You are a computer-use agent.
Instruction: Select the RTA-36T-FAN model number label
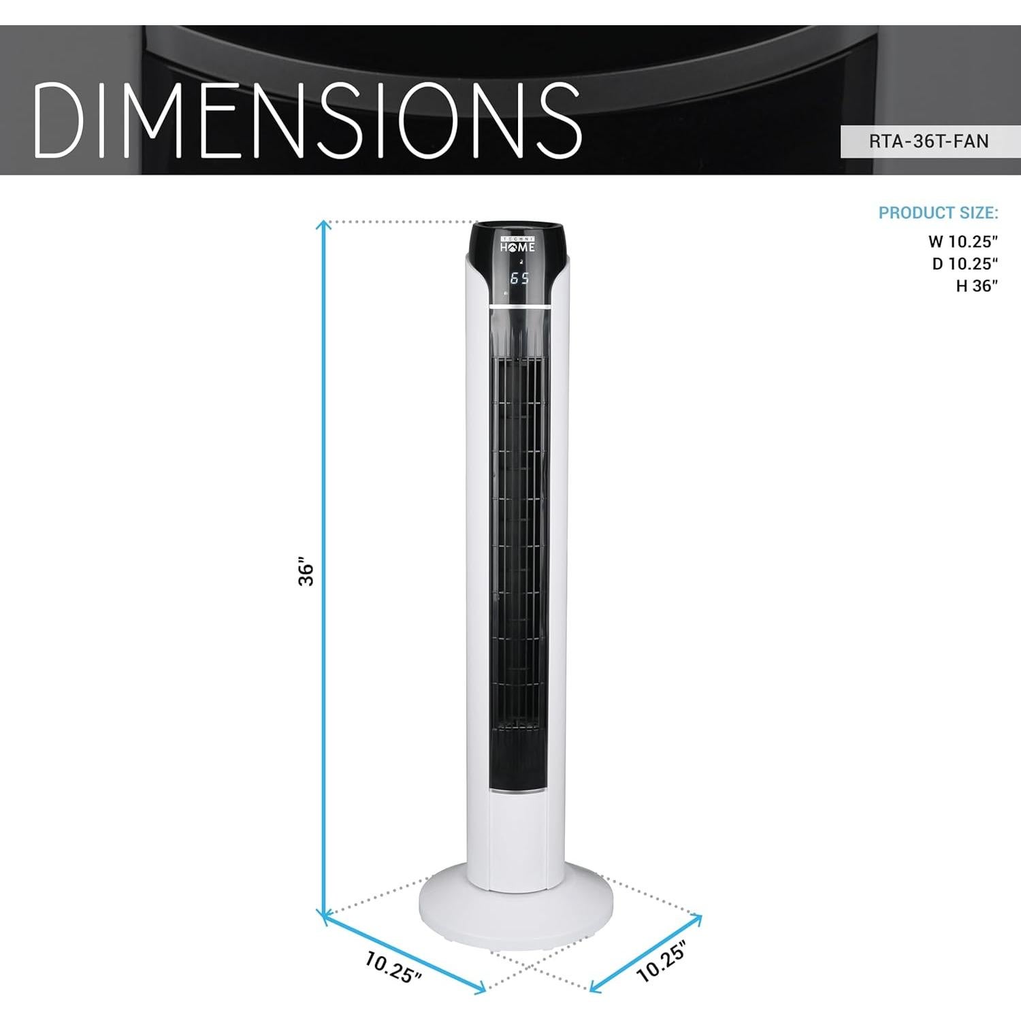point(928,142)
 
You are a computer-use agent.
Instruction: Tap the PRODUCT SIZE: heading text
point(938,213)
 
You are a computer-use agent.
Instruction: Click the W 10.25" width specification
point(962,241)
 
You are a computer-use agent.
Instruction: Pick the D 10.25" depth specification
point(965,263)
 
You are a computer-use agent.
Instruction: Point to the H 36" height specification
point(976,286)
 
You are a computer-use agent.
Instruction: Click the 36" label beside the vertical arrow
point(307,574)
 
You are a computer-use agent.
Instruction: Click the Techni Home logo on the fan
point(518,245)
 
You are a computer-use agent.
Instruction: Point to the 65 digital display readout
point(519,278)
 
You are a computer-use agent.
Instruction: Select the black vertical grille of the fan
point(519,545)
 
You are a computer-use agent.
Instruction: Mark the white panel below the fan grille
point(518,841)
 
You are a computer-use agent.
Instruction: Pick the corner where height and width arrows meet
point(324,916)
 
